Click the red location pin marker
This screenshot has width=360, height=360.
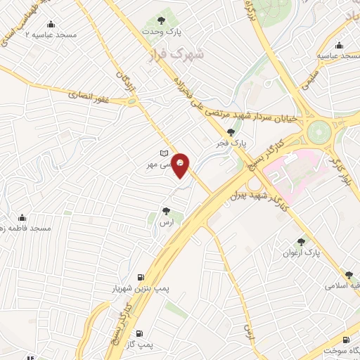point(181,164)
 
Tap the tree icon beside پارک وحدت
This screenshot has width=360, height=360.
point(162,21)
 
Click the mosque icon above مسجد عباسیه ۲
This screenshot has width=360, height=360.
point(50,25)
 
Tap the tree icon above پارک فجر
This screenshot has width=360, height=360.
point(231,132)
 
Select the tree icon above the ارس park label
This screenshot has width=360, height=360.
point(166,210)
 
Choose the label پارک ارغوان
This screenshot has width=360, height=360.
point(307,252)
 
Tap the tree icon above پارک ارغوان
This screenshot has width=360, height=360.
point(302,241)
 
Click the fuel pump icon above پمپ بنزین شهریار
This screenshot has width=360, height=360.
point(141,277)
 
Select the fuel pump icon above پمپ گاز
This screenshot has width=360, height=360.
point(139,333)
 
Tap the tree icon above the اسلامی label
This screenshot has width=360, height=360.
point(349,275)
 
